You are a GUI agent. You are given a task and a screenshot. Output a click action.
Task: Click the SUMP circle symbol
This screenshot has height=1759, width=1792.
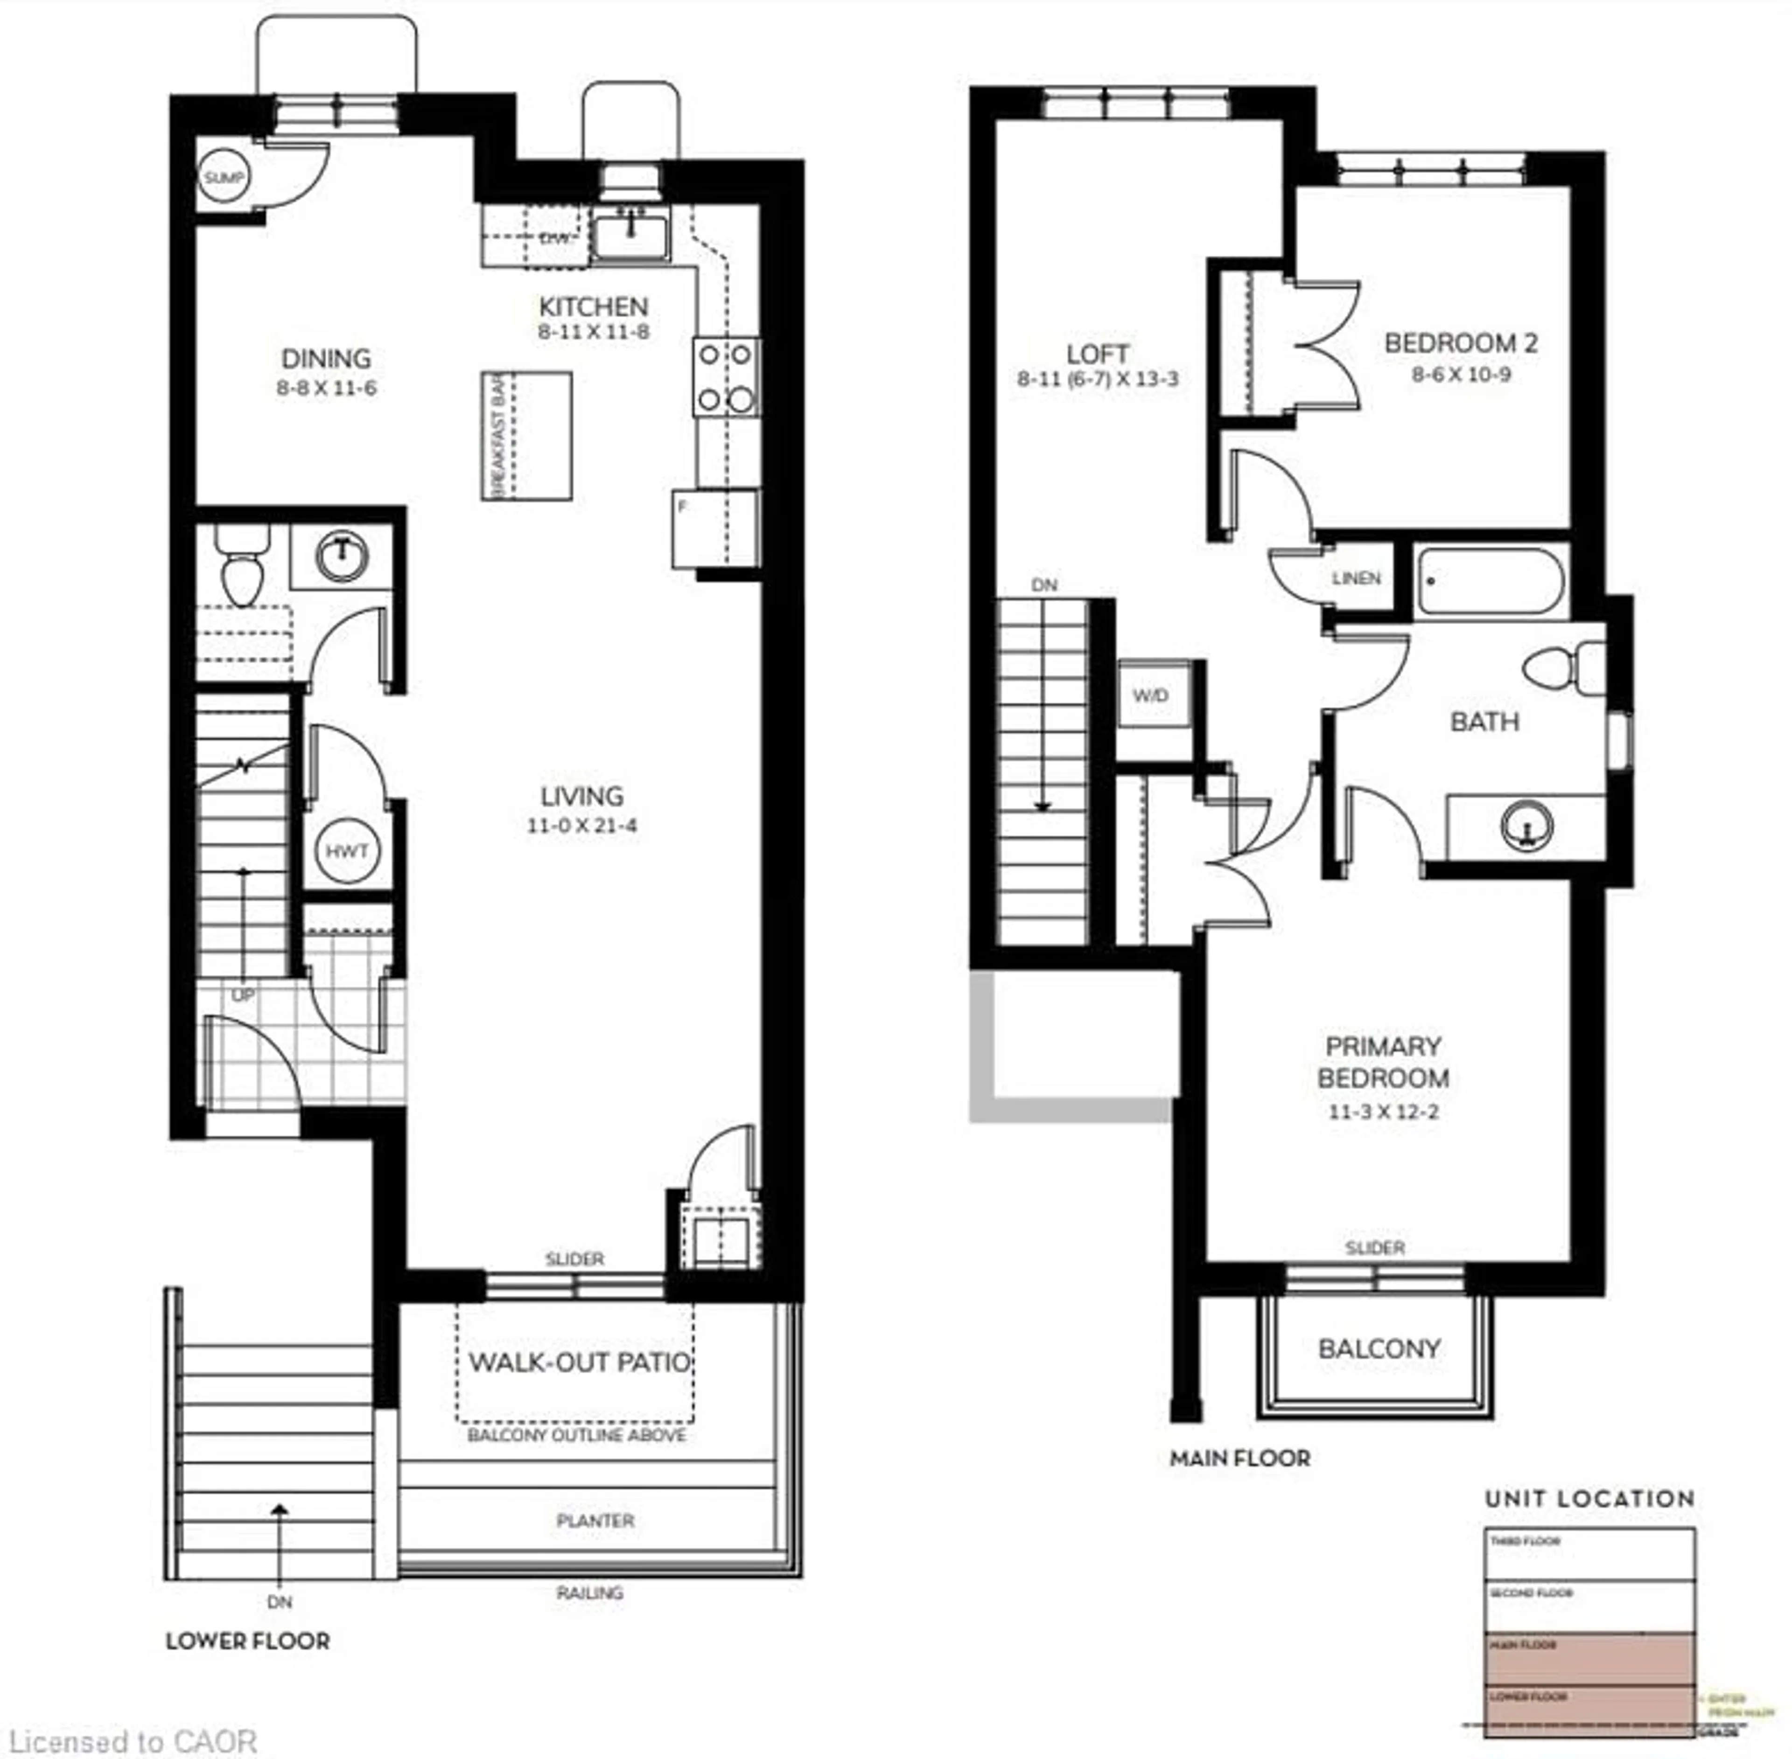click(x=223, y=177)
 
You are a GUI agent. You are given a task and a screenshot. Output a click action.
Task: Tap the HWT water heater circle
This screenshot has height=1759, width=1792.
click(x=347, y=851)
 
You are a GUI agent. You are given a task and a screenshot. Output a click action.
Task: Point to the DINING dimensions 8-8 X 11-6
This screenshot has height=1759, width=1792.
click(x=326, y=388)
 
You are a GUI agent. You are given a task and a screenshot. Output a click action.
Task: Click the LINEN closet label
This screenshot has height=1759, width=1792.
click(x=1356, y=578)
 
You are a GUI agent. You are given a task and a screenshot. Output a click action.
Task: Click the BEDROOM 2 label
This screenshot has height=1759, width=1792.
click(x=1460, y=344)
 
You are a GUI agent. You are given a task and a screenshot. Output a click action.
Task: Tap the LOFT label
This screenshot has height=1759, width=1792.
click(x=1097, y=354)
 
